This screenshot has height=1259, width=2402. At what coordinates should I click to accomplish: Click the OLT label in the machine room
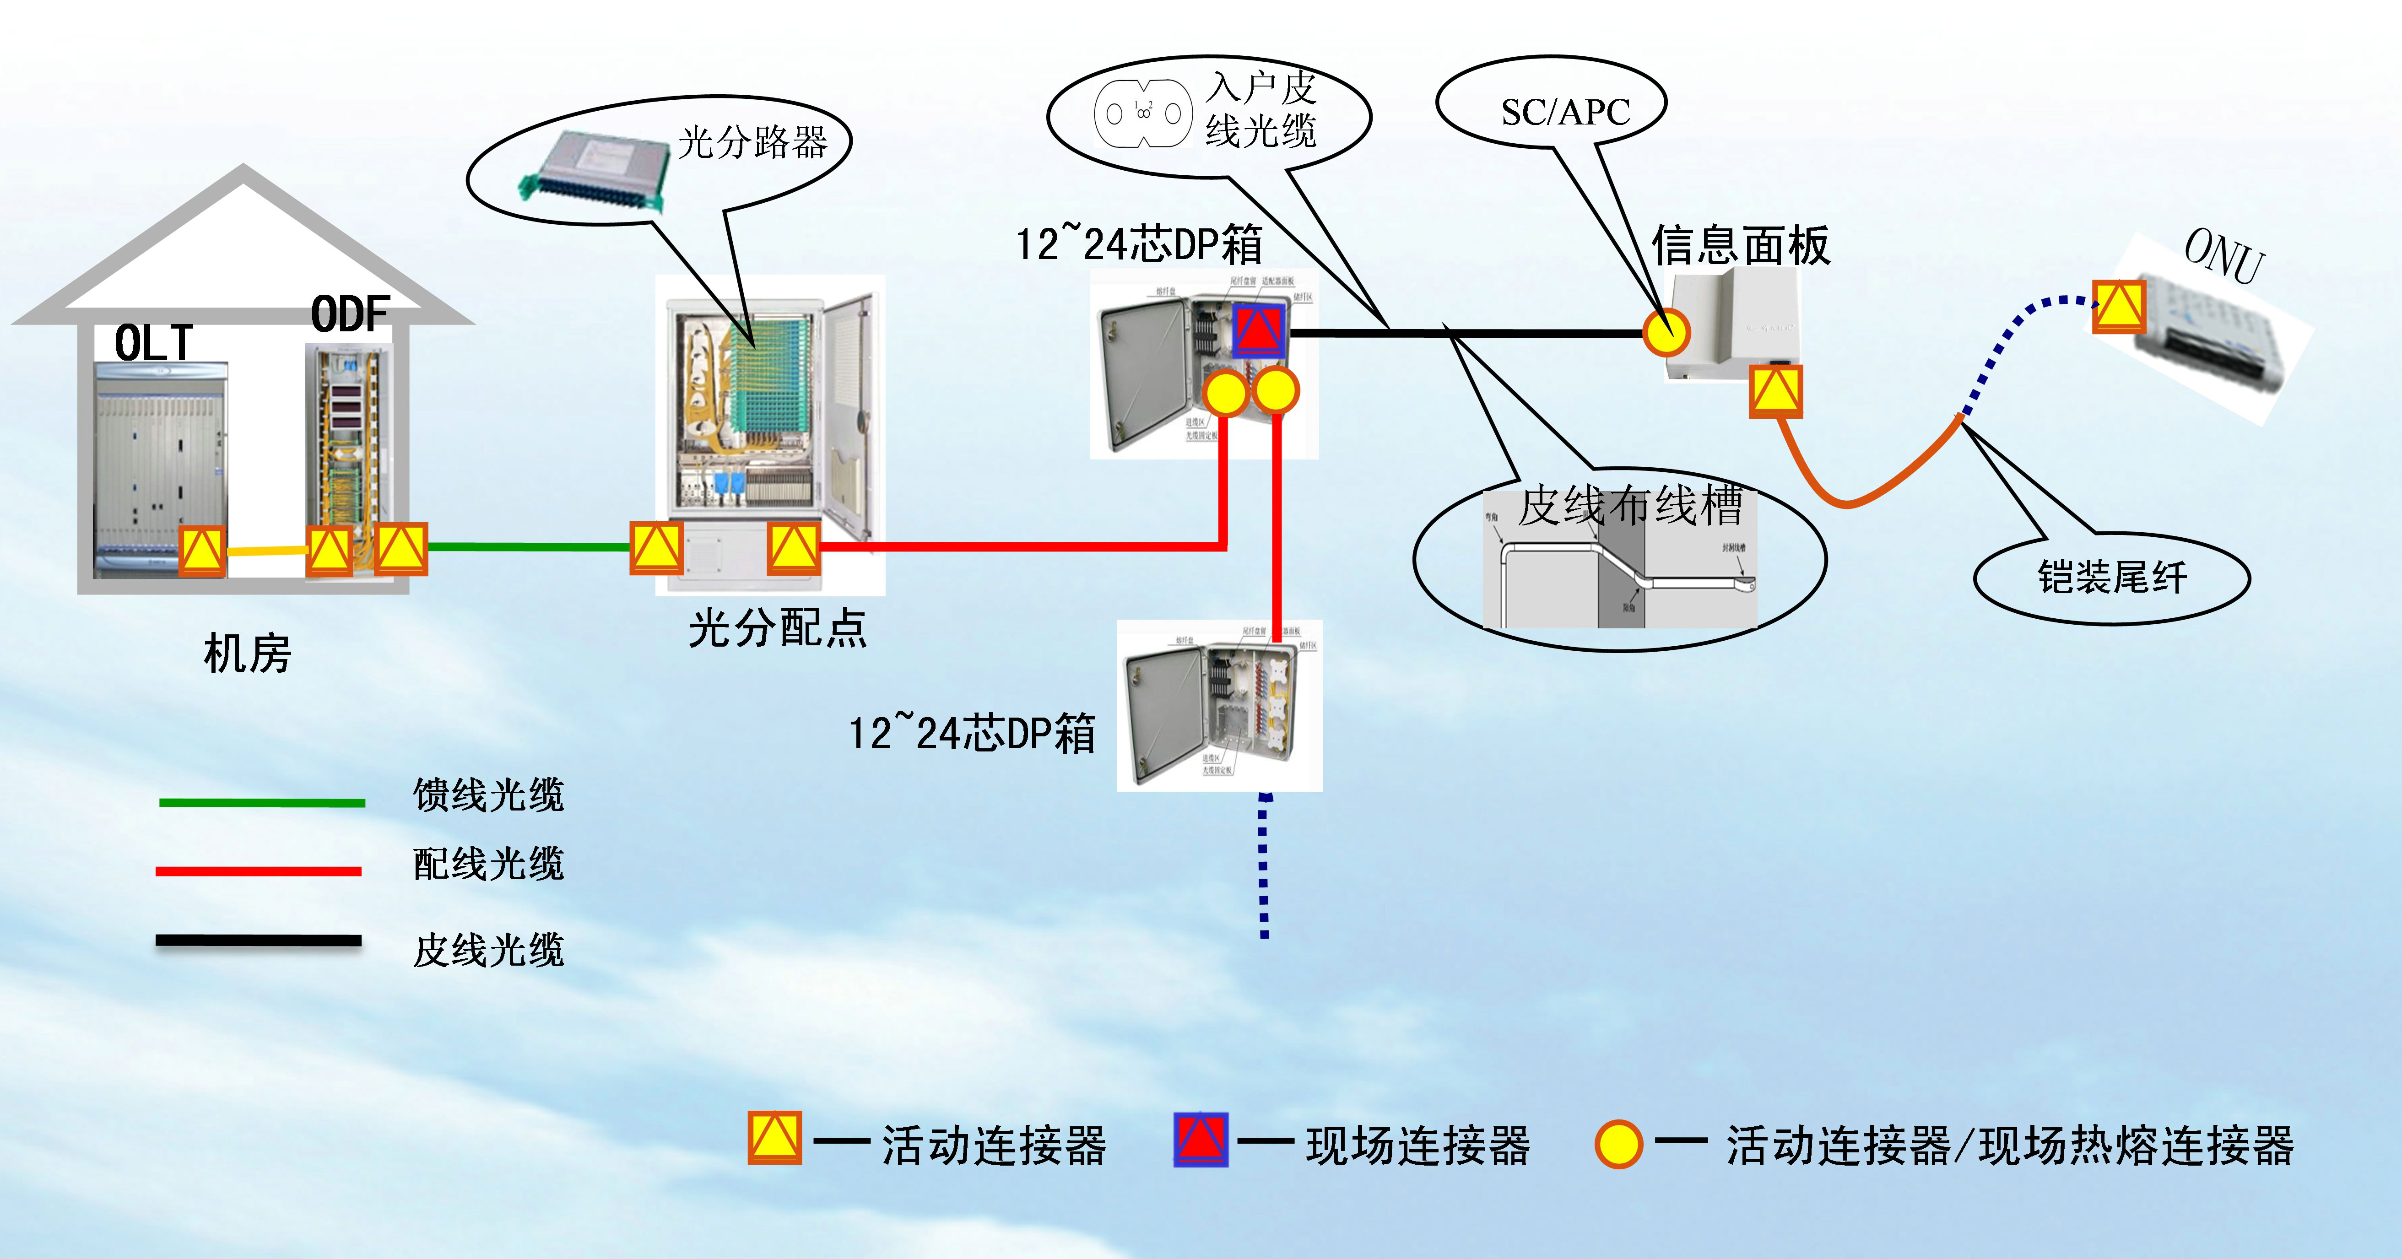[154, 343]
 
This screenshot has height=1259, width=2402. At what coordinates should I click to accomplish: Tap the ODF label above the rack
[350, 314]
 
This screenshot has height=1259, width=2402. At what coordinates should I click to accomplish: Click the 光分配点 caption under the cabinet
[778, 627]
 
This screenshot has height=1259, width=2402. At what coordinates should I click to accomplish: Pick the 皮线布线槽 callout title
[1630, 505]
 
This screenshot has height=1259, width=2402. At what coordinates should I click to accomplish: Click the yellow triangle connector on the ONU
[2119, 306]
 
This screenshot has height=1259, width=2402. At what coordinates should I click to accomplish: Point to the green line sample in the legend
[262, 802]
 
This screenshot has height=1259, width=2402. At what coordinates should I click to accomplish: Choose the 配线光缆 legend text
[489, 864]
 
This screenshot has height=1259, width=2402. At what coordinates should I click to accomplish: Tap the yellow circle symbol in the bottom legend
[1618, 1144]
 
